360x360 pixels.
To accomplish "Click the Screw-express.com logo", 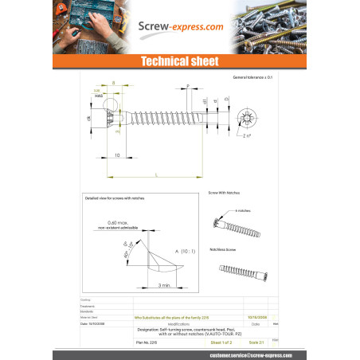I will pos(179,26).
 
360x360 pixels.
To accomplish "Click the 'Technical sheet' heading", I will pos(180,62).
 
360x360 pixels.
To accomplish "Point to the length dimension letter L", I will pos(156,174).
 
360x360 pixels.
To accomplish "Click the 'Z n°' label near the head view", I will pos(248,138).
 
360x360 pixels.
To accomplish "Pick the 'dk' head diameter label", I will pos(89,119).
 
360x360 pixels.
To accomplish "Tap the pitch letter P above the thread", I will pos(187,84).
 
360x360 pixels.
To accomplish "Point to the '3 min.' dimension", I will pos(164,284).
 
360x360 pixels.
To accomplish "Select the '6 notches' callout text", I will pos(243,210).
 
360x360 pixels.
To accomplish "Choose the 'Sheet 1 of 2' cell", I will pos(221,342).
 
